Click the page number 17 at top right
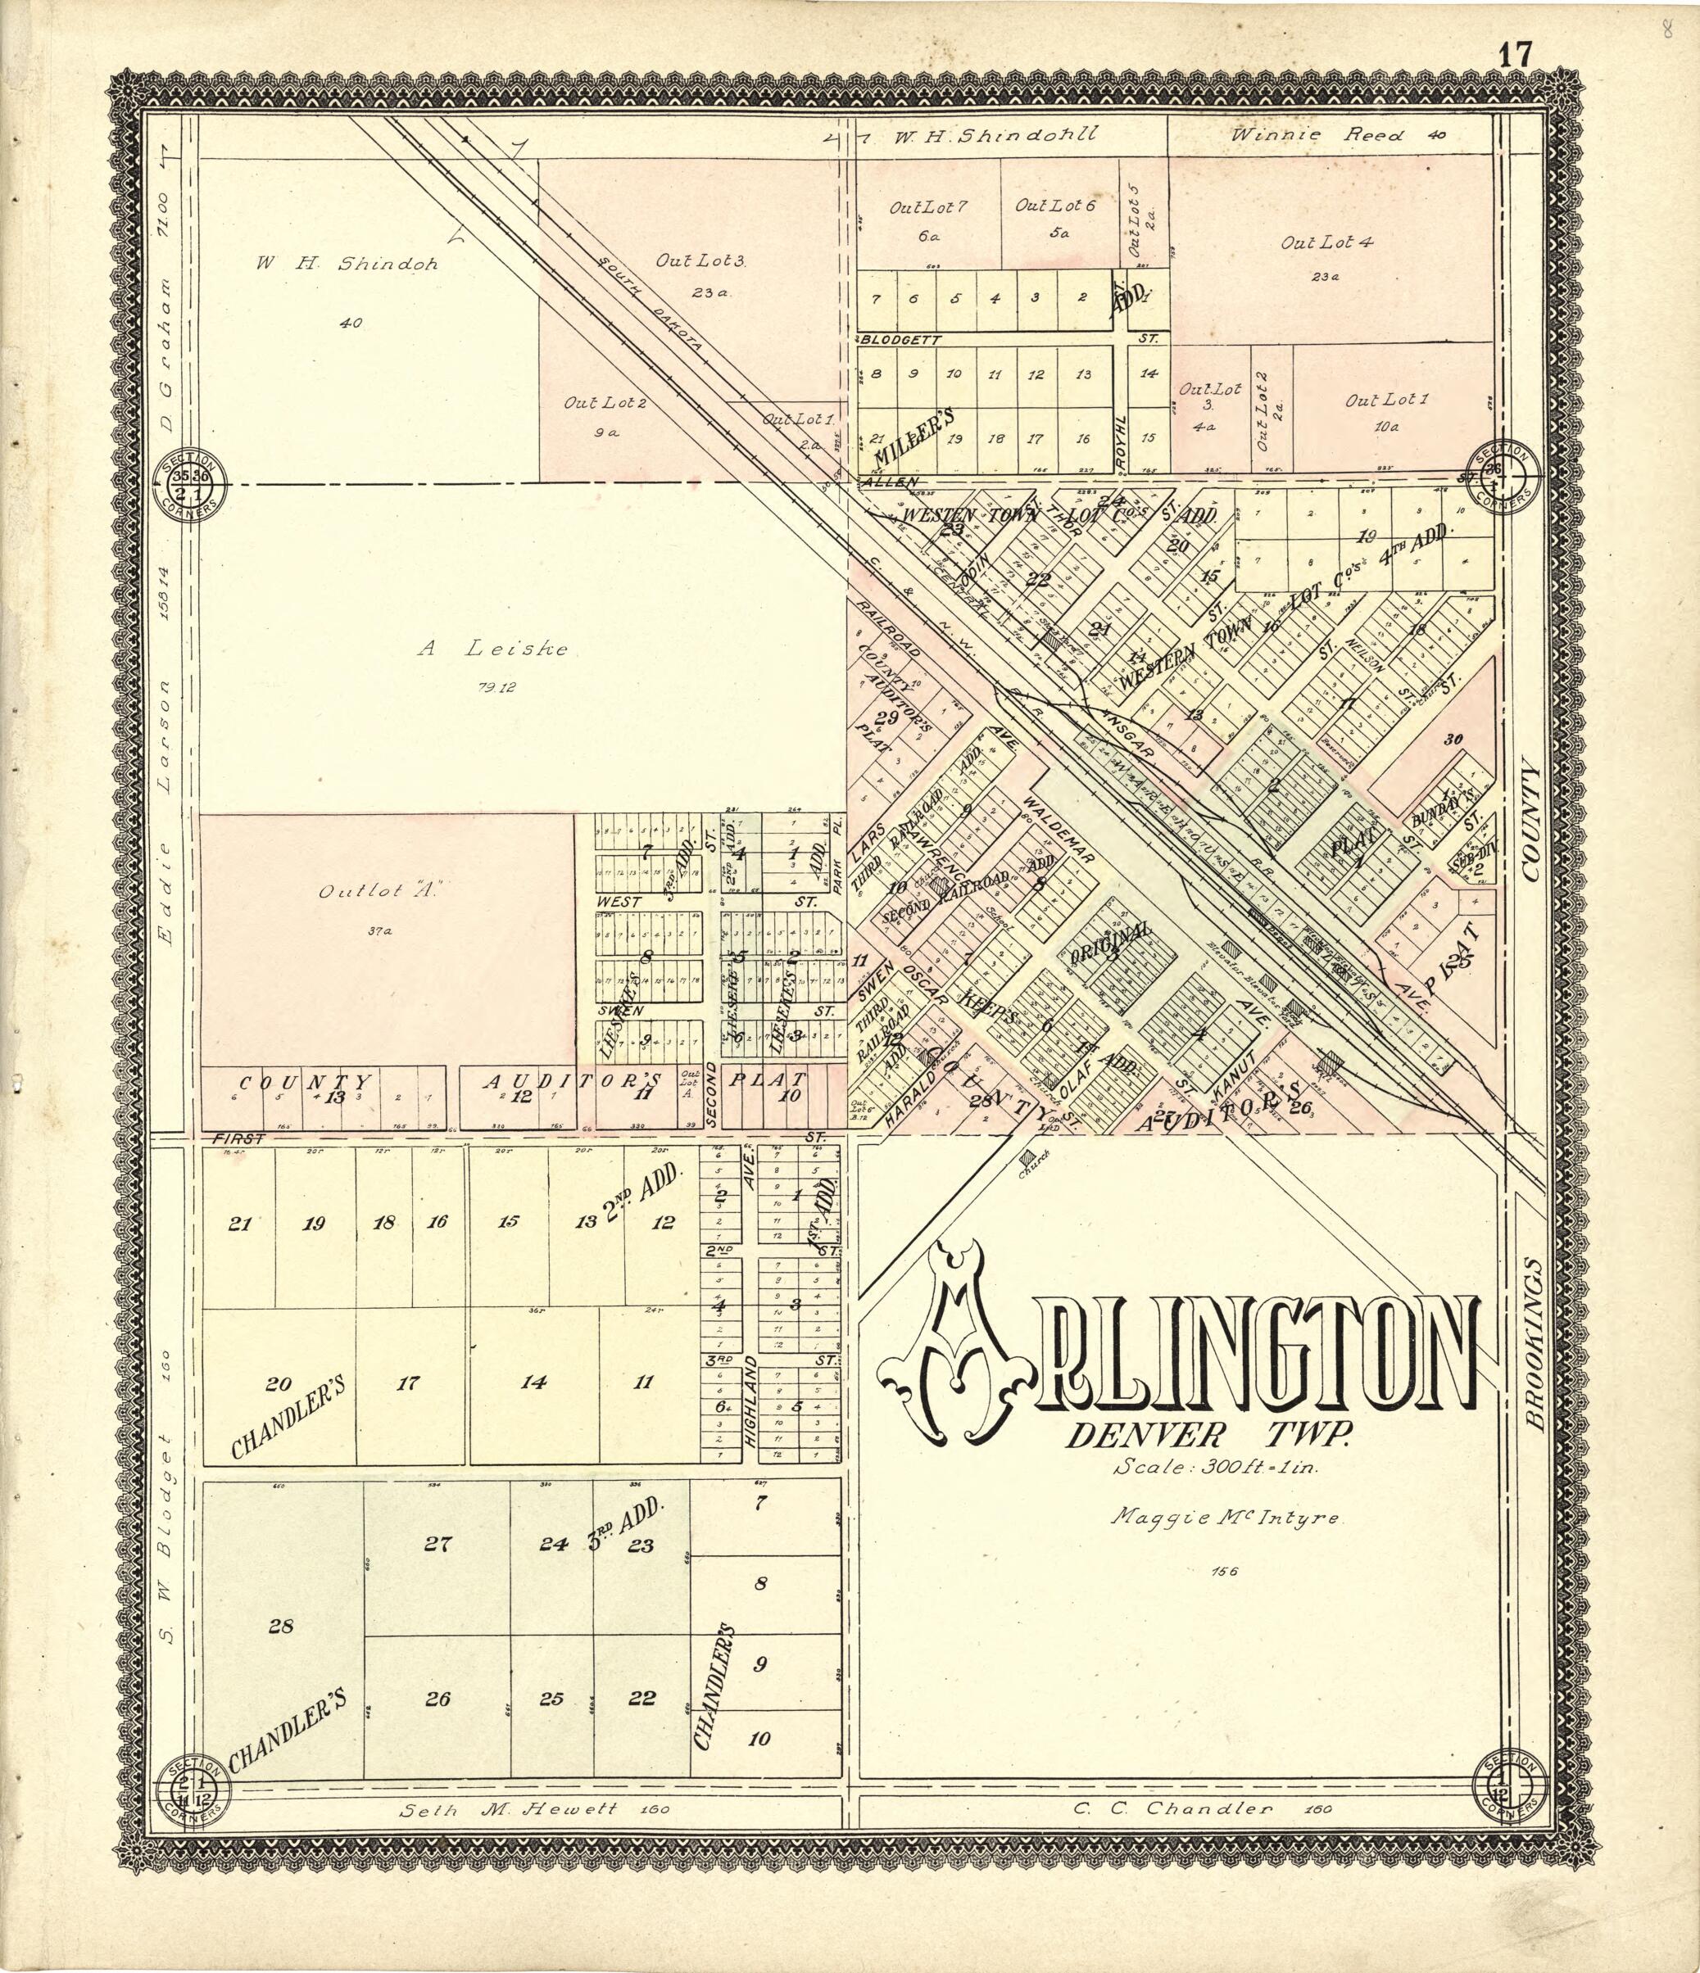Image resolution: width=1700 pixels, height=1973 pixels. click(1515, 55)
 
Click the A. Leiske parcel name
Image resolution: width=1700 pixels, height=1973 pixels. click(493, 649)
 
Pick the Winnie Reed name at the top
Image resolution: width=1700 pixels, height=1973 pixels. click(1318, 135)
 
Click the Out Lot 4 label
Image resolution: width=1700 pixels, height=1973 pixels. click(1326, 242)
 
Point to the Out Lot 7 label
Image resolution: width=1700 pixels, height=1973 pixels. click(927, 206)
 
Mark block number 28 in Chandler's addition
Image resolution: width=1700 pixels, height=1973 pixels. click(280, 1627)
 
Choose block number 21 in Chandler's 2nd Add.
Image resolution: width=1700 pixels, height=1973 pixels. click(239, 1224)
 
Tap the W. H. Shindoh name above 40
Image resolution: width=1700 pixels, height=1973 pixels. click(346, 265)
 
